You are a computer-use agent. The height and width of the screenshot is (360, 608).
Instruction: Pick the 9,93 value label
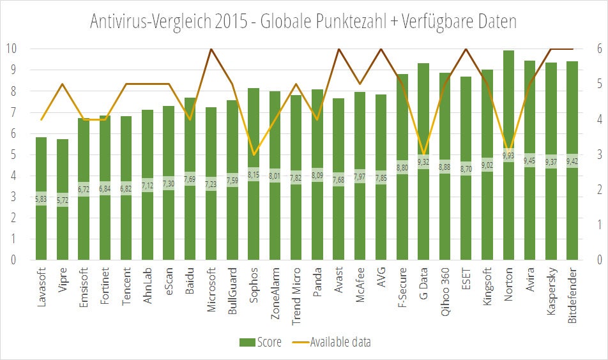509,155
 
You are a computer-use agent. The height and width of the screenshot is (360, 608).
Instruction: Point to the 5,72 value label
62,200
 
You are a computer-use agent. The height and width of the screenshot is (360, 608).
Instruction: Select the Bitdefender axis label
573,296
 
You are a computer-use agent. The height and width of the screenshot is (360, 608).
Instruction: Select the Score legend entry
261,342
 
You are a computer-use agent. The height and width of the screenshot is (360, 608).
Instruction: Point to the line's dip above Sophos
254,154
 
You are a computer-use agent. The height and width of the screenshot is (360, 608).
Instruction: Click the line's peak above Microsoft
211,49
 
